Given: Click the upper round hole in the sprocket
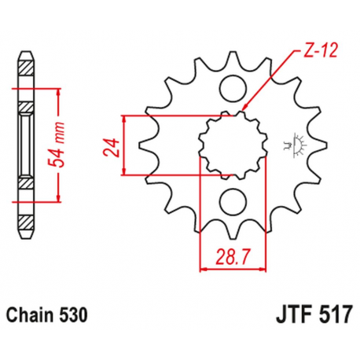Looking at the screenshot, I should pos(233,88).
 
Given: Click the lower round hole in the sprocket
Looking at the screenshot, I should pos(233,202).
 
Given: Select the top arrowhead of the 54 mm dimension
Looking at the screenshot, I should pos(60,89).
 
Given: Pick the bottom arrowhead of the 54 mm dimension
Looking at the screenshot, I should pos(60,200).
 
